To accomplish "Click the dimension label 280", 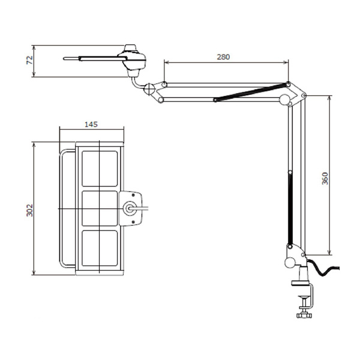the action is tap(223, 57).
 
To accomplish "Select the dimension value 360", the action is tap(325, 178).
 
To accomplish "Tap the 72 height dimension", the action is tap(30, 60).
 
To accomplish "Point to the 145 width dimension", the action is tap(91, 124).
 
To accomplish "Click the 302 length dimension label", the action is tap(30, 210).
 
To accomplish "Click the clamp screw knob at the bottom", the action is tap(304, 316).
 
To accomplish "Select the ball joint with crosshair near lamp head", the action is tap(149, 89).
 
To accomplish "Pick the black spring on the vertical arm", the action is tap(290, 209).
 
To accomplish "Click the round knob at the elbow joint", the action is tap(284, 100).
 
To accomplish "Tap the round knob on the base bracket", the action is tap(290, 262).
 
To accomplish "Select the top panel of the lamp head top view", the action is tap(100, 169).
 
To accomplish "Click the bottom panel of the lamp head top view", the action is tap(100, 248).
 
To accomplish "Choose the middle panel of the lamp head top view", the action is tap(100, 208).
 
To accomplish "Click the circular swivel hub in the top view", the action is tap(130, 208).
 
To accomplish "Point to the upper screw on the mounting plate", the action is tap(133, 195).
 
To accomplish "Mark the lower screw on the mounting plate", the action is tap(133, 222).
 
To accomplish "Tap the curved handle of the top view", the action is tap(67, 208).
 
